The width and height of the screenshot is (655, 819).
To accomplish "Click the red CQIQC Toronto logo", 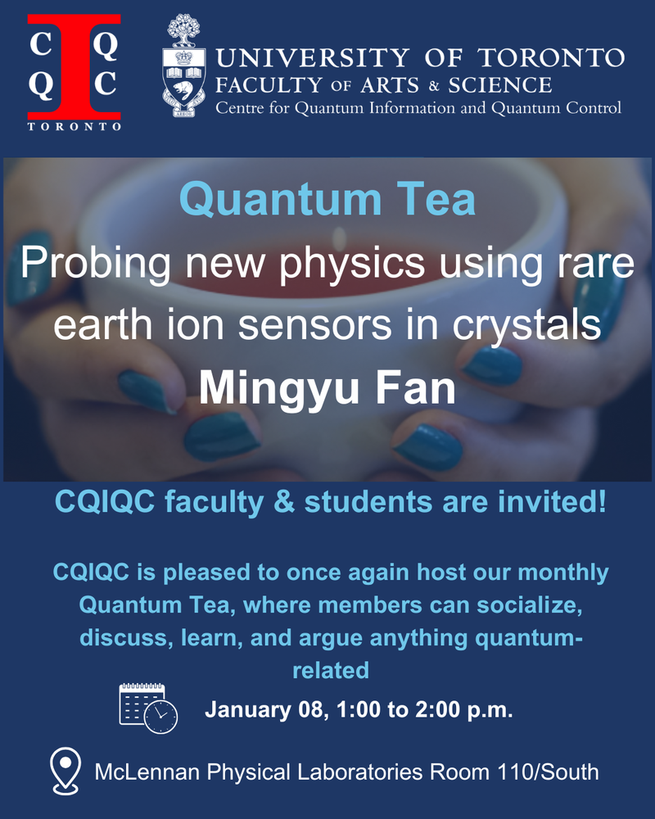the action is point(75,72).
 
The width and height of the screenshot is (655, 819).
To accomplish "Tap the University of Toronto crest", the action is point(183,65).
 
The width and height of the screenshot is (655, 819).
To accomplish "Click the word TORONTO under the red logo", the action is point(75,126).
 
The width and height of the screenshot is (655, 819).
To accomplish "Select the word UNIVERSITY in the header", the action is point(313,57).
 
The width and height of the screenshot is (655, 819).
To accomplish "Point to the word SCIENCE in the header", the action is point(500,85).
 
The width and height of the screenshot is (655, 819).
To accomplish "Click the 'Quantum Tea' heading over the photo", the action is point(327,199).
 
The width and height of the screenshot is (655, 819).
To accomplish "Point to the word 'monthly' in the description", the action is point(563,573).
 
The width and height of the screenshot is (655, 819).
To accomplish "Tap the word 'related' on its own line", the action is point(331,670).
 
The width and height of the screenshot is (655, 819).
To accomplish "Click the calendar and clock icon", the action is point(148,708).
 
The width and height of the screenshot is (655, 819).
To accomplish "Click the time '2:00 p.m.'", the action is point(464,710).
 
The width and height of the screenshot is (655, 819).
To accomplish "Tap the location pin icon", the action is point(65,771).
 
